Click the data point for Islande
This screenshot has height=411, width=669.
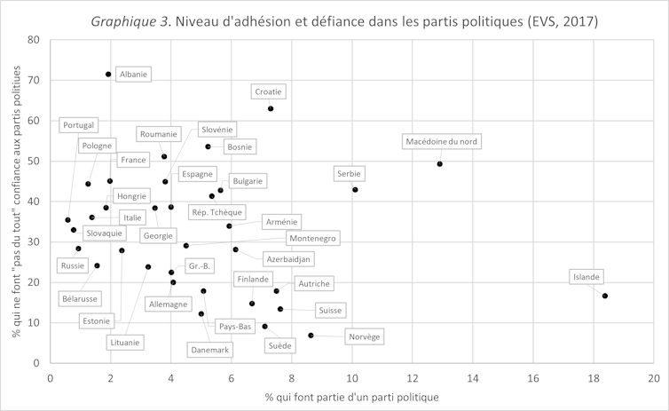(x=605, y=296)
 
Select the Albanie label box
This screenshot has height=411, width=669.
(x=133, y=75)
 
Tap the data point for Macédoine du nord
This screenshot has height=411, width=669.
(x=440, y=163)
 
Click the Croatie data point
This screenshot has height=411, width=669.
(x=271, y=108)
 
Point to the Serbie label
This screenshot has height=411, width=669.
(x=348, y=173)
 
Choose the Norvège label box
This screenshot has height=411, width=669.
(x=365, y=336)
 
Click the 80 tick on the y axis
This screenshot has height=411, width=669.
(x=34, y=40)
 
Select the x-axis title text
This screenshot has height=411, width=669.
(x=351, y=397)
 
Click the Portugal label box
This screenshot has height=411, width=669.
(x=79, y=125)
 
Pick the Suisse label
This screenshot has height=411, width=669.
(x=329, y=311)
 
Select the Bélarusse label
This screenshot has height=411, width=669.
(x=81, y=299)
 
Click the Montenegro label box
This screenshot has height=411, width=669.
(x=311, y=239)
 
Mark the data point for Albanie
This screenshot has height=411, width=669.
(x=108, y=75)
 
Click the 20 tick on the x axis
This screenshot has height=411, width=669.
(x=652, y=376)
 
